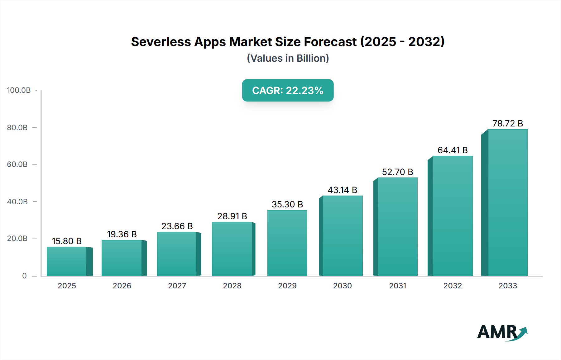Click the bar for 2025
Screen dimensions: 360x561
pyautogui.click(x=67, y=261)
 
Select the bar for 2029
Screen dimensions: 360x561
pyautogui.click(x=287, y=243)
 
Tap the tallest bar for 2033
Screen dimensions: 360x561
pyautogui.click(x=507, y=202)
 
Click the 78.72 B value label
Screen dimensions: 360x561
pyautogui.click(x=507, y=123)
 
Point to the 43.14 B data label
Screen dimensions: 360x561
pyautogui.click(x=342, y=190)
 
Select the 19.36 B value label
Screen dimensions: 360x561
pyautogui.click(x=122, y=234)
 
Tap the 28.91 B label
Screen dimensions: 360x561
pyautogui.click(x=232, y=216)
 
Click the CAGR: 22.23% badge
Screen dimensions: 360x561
pyautogui.click(x=288, y=90)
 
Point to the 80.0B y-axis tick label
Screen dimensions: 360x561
pyautogui.click(x=17, y=127)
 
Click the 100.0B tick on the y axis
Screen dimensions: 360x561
pyautogui.click(x=19, y=90)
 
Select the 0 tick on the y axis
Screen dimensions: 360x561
pyautogui.click(x=24, y=276)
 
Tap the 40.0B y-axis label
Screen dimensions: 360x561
pyautogui.click(x=17, y=202)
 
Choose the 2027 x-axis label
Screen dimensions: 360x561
pyautogui.click(x=177, y=286)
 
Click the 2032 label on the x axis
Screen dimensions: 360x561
pyautogui.click(x=453, y=286)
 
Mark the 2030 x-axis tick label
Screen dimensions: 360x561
pyautogui.click(x=342, y=286)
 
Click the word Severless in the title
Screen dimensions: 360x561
pyautogui.click(x=161, y=42)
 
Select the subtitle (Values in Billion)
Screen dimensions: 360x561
pyautogui.click(x=288, y=58)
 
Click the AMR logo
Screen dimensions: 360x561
pyautogui.click(x=502, y=332)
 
